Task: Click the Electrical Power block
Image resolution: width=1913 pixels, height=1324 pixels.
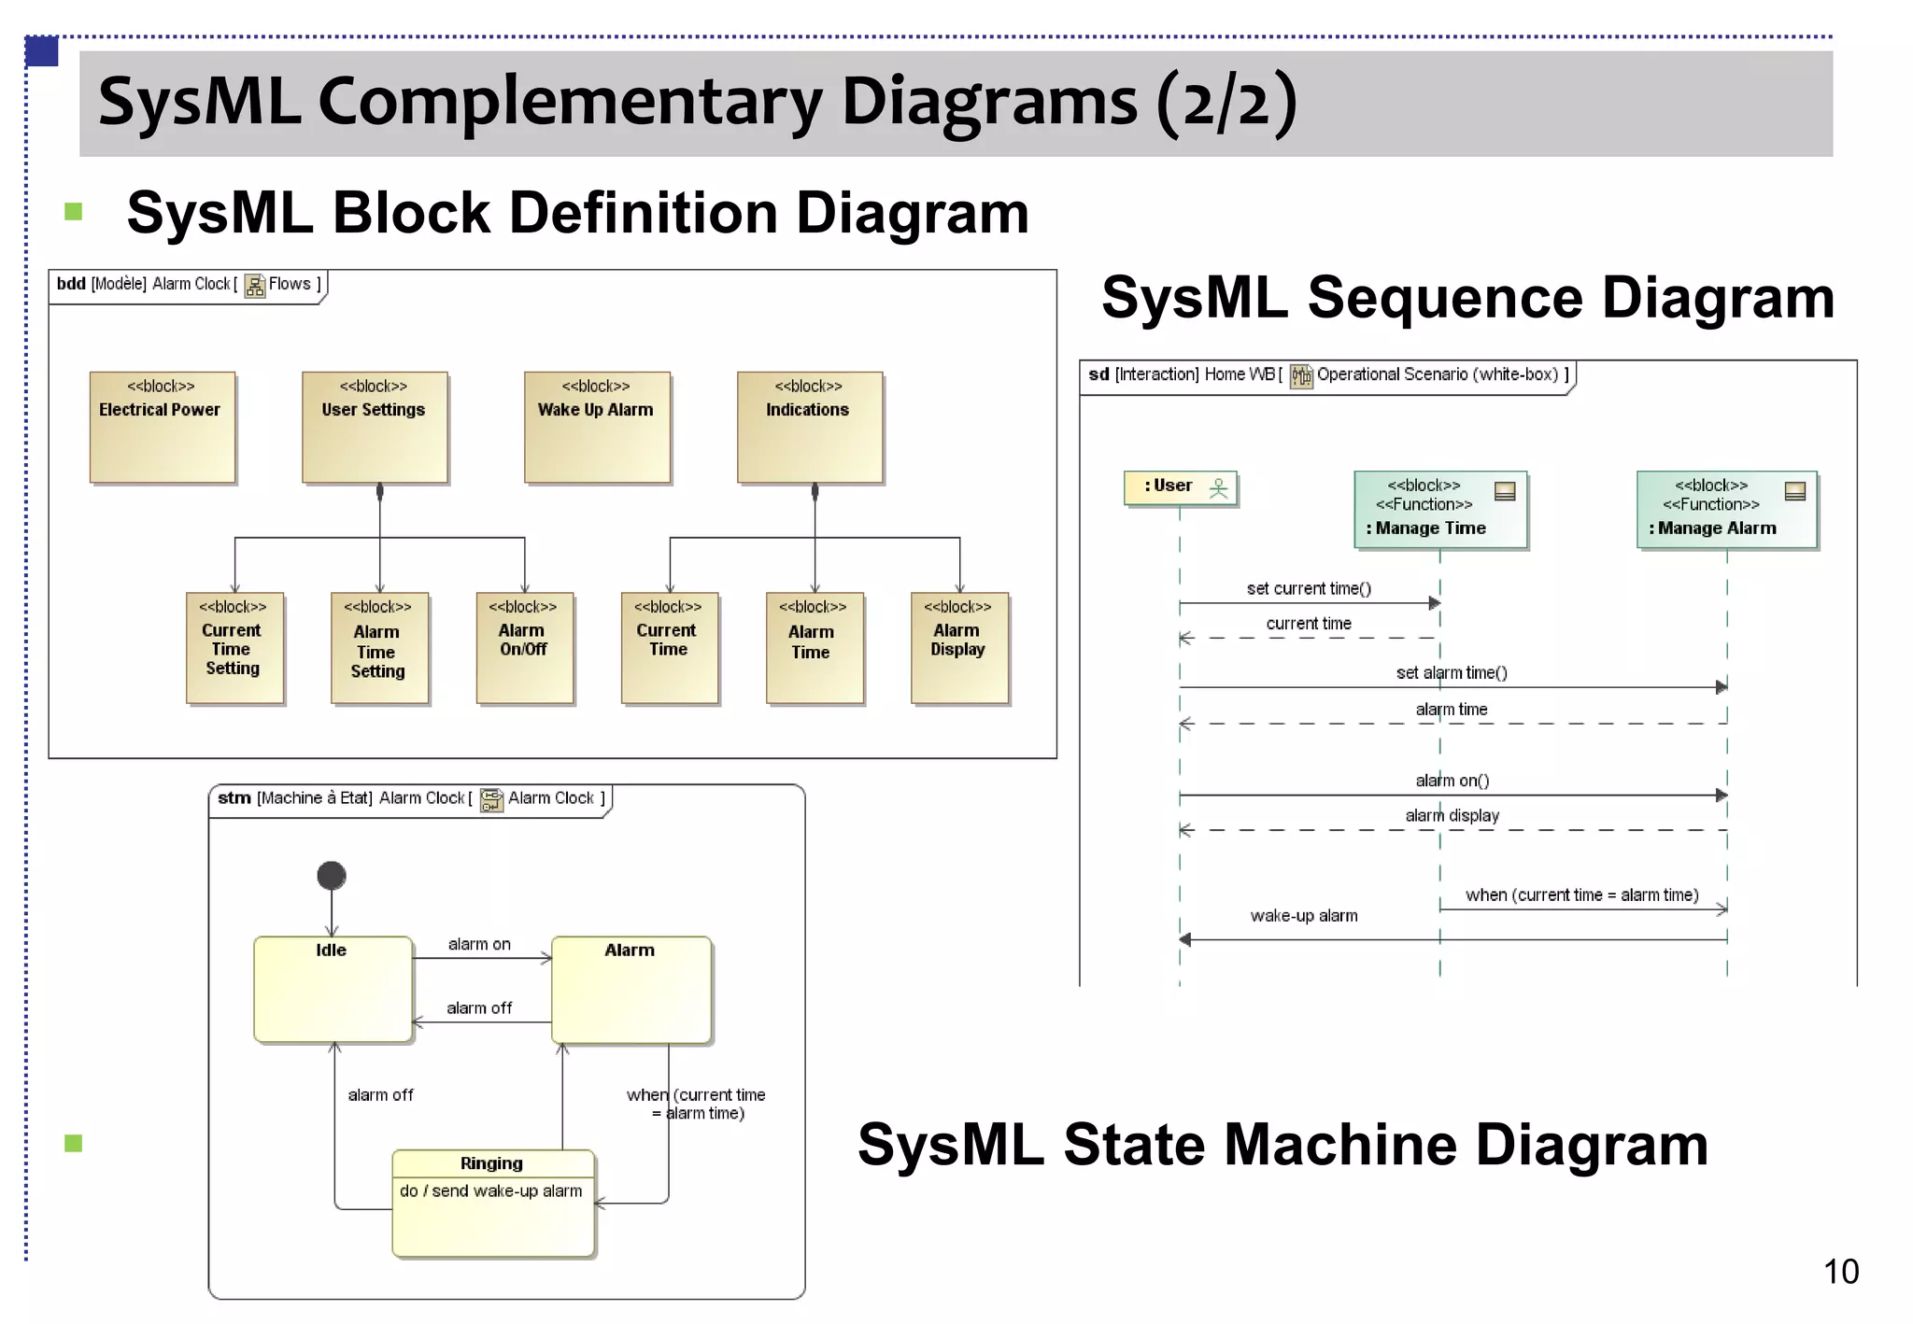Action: coord(162,428)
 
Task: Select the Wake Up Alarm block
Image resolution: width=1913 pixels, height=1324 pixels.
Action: coord(597,428)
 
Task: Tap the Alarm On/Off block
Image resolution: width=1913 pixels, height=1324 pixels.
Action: coord(524,648)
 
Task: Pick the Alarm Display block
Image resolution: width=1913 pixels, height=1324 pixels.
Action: coord(959,648)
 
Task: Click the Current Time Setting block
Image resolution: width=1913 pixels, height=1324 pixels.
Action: coord(234,648)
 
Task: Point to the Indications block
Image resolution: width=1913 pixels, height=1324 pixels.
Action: coord(809,428)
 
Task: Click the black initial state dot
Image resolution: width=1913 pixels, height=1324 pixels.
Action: coord(332,876)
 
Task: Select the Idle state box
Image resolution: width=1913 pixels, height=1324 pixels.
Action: coord(333,989)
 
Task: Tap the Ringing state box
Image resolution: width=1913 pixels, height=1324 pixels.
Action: coord(492,1204)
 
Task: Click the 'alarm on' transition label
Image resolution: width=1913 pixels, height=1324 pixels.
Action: coord(479,944)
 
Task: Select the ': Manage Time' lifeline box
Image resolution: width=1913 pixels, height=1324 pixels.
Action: coord(1439,509)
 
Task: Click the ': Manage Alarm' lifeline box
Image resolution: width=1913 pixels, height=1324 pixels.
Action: coord(1726,509)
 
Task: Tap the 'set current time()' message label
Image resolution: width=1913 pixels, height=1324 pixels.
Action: coord(1309,588)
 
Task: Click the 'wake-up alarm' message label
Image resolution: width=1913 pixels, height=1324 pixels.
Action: coord(1304,916)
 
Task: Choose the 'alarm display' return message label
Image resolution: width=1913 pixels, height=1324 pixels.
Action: coord(1452,815)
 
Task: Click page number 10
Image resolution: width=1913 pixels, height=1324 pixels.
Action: coord(1840,1272)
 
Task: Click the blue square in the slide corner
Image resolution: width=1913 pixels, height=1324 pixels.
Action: coord(42,51)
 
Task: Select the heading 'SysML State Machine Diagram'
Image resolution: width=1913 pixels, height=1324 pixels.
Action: coord(1282,1145)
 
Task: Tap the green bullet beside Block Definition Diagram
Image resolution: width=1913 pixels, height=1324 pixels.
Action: coord(74,212)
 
